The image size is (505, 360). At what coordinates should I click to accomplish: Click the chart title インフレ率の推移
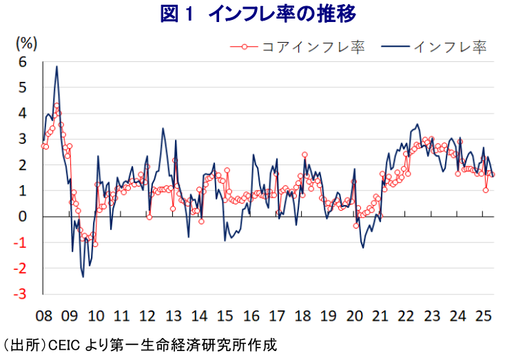282,14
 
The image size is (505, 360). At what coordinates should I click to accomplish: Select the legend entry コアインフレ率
298,47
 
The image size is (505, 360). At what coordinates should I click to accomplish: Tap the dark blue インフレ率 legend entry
433,47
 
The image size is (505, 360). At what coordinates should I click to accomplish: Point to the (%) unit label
27,43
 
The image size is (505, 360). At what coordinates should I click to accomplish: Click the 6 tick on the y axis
22,62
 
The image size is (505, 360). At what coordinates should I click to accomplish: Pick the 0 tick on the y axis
22,217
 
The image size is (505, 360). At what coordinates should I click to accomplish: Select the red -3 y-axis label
20,294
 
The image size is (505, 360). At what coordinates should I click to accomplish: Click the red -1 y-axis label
20,242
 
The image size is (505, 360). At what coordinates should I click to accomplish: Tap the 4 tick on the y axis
22,114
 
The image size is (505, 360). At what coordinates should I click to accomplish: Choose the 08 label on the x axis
43,316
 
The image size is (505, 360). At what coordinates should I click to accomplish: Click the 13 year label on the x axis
174,316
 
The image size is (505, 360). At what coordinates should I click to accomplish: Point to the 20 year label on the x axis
354,316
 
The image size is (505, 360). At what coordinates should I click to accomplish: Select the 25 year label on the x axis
484,316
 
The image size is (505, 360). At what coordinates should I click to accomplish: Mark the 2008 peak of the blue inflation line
56,66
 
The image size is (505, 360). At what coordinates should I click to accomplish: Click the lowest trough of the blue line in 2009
83,277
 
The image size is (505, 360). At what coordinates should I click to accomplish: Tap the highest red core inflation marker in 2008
56,105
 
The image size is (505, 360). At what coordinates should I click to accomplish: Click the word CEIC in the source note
64,346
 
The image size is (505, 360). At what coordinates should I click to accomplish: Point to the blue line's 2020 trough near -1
363,248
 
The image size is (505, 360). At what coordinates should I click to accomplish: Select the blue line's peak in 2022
418,124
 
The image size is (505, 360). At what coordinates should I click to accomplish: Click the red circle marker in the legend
245,47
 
